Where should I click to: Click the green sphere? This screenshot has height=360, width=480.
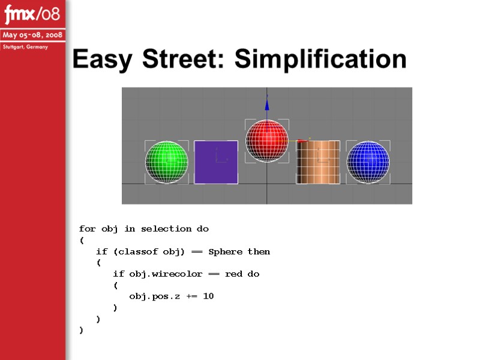[167, 162]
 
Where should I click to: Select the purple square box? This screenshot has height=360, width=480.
[216, 162]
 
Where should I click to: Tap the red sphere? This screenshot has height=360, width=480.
[267, 140]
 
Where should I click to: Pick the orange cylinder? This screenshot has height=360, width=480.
[318, 162]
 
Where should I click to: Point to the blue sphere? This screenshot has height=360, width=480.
[368, 162]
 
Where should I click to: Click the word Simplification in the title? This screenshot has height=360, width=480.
[320, 59]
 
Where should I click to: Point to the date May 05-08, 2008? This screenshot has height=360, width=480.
[32, 35]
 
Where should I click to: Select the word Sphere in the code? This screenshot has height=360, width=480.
[226, 251]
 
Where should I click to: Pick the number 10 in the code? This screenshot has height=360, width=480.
[208, 296]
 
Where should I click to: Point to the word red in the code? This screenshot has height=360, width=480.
[233, 274]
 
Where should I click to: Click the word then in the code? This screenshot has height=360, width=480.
[259, 251]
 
